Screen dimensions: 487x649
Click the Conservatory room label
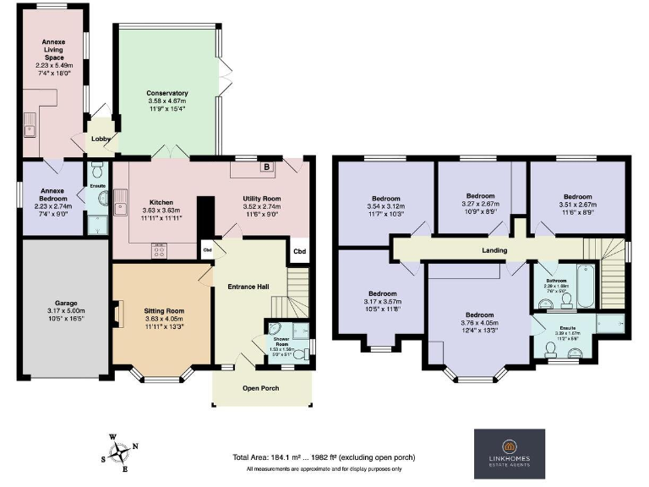166,93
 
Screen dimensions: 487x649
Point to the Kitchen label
161,203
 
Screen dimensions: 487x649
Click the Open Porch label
261,388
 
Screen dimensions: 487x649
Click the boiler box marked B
267,167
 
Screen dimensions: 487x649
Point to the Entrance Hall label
248,287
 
